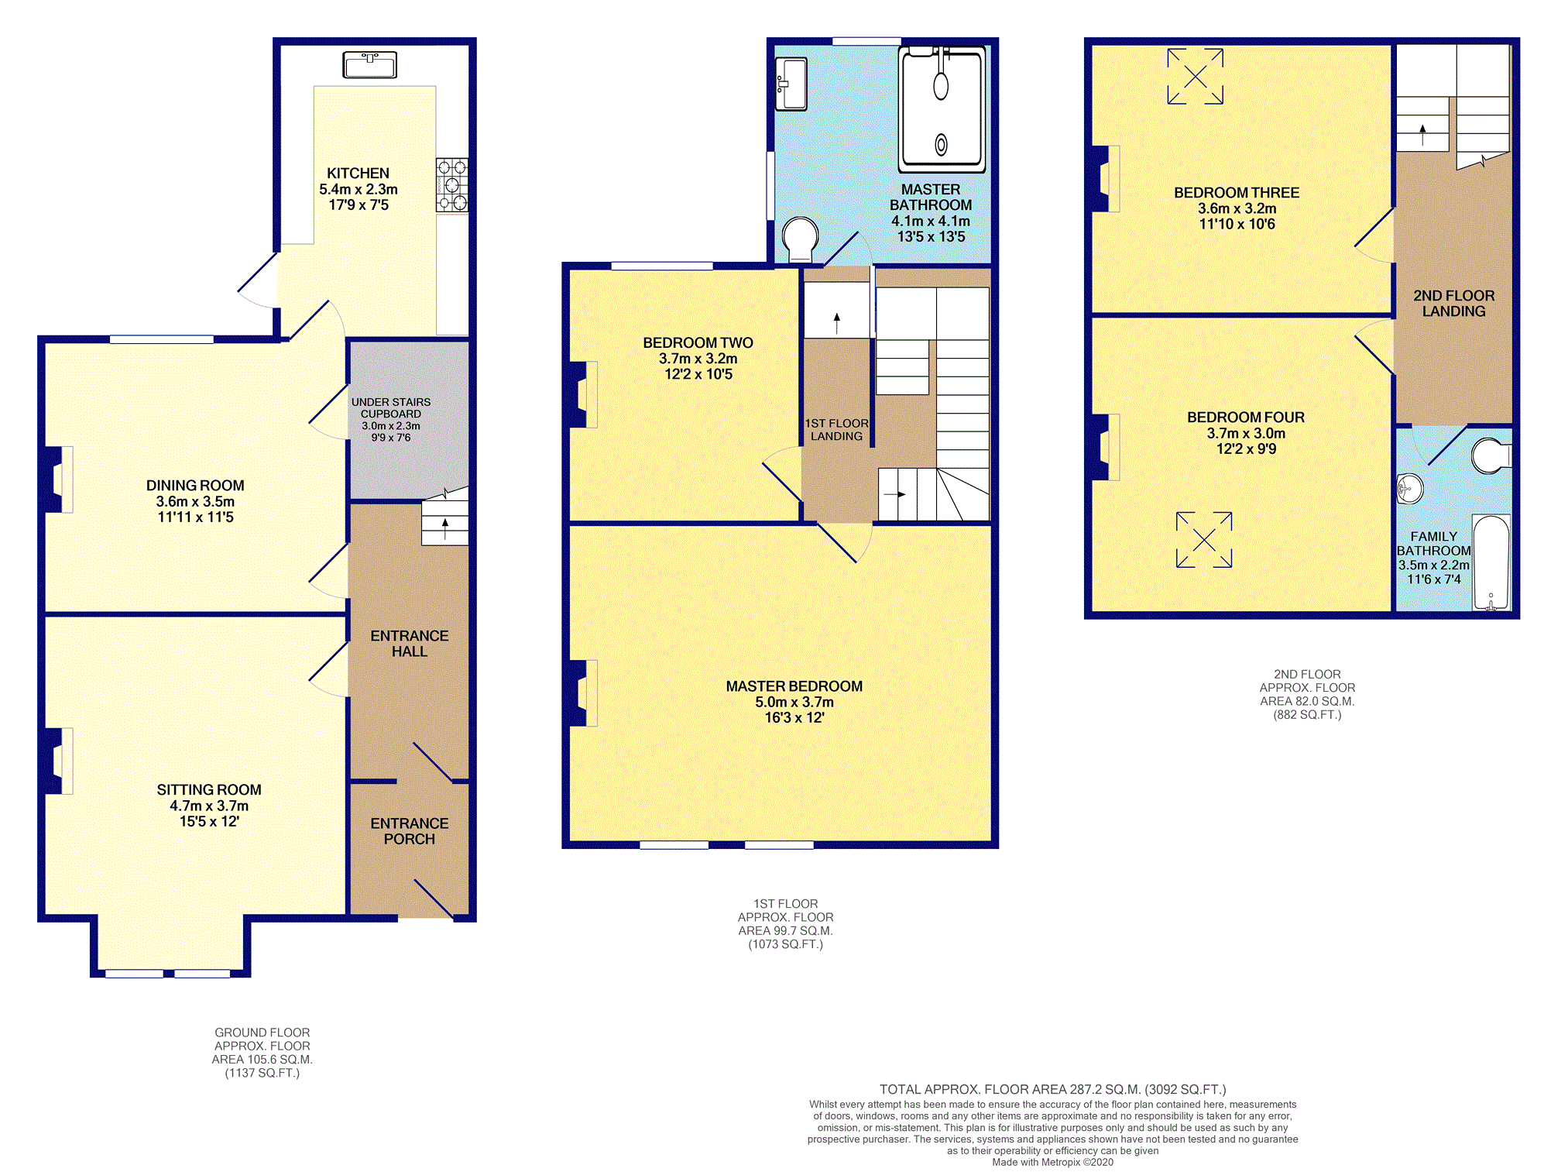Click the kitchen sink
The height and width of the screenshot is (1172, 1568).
click(x=370, y=65)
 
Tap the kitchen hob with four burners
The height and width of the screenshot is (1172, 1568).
click(x=452, y=185)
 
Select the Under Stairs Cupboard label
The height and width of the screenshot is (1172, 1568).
click(x=391, y=407)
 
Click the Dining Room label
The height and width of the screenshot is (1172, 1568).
click(x=195, y=486)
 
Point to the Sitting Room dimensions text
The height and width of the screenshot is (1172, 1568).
click(x=209, y=813)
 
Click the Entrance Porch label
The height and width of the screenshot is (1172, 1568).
click(x=410, y=831)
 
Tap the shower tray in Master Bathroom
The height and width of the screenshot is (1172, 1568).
click(x=942, y=109)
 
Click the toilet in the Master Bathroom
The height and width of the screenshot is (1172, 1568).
click(x=801, y=239)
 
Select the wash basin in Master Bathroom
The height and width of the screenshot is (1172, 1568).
click(x=791, y=84)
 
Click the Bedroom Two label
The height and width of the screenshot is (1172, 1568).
click(x=698, y=343)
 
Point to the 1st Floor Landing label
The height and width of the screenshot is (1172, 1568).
click(x=836, y=430)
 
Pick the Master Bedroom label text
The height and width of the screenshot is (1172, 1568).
click(x=794, y=686)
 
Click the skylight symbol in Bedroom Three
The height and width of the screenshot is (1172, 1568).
click(x=1196, y=76)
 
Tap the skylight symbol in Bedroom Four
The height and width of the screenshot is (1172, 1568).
click(x=1204, y=540)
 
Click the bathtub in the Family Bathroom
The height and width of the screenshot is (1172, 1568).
click(x=1491, y=563)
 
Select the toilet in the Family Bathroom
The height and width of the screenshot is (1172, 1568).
click(x=1491, y=456)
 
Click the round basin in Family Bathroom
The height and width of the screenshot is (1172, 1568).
click(x=1410, y=489)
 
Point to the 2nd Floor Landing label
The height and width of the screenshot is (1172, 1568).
click(x=1454, y=304)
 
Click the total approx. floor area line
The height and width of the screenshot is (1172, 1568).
click(x=1053, y=1089)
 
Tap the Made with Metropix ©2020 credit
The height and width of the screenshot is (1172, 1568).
click(x=1053, y=1162)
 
